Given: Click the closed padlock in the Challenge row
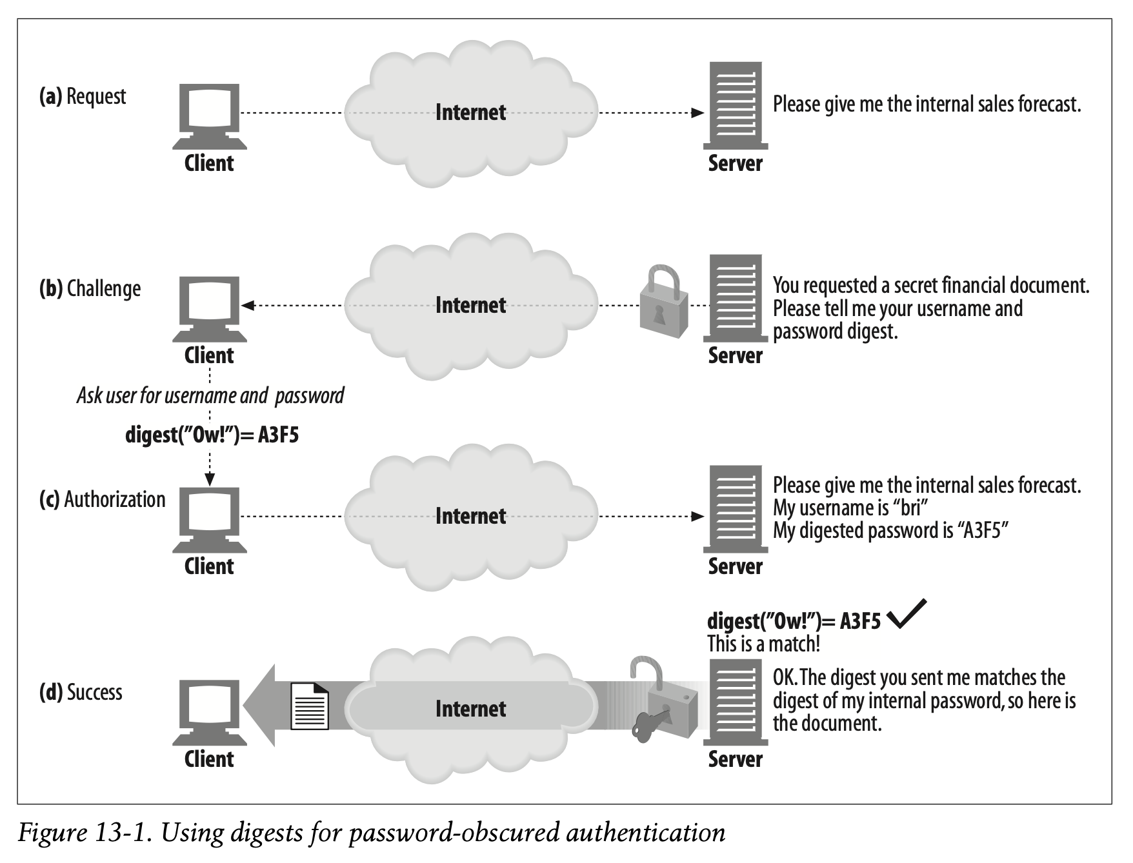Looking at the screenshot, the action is (x=664, y=301).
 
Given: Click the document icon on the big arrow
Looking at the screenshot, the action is (x=310, y=706).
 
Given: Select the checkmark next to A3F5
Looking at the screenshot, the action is (x=907, y=613).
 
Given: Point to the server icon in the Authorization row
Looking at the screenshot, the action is (x=736, y=509).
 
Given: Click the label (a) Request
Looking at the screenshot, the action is (x=83, y=97).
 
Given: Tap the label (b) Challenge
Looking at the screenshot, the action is (x=90, y=289).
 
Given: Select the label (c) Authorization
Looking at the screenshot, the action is (x=102, y=499).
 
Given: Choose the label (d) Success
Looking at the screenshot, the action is (x=81, y=692).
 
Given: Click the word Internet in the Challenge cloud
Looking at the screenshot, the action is (x=470, y=304).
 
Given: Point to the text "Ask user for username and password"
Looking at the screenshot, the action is (x=210, y=395).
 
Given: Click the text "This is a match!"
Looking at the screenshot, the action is (x=763, y=644).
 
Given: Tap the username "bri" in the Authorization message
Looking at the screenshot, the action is (x=910, y=508).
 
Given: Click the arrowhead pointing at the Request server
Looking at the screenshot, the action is (x=697, y=113).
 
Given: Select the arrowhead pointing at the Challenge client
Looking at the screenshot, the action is (x=248, y=305).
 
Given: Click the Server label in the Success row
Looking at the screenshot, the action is (x=735, y=759).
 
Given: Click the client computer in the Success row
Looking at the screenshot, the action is (x=209, y=713).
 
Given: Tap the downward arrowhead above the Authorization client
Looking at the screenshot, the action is (x=210, y=479).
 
